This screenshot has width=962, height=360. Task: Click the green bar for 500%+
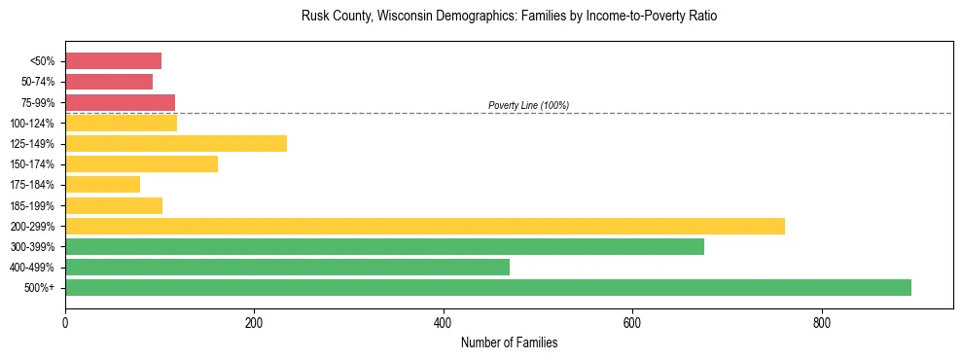click(x=487, y=287)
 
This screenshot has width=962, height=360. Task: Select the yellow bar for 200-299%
click(x=424, y=226)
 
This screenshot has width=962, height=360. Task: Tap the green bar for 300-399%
click(x=384, y=246)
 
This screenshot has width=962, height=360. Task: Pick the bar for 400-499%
click(x=287, y=267)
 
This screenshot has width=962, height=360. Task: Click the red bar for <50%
click(x=113, y=61)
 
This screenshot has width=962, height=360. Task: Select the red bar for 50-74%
click(x=109, y=82)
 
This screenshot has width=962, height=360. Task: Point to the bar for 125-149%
click(x=176, y=143)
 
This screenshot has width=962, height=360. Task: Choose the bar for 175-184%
click(x=102, y=184)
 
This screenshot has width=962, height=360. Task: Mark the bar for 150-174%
click(x=141, y=163)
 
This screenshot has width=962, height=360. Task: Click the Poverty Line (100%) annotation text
click(x=528, y=105)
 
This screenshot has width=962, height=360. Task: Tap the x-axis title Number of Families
click(x=509, y=342)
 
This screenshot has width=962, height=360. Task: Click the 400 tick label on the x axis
click(x=444, y=322)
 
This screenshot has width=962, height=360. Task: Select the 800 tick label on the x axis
click(x=822, y=322)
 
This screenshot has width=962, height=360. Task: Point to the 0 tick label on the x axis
click(x=65, y=322)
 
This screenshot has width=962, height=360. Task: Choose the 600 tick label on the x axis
click(x=632, y=322)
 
